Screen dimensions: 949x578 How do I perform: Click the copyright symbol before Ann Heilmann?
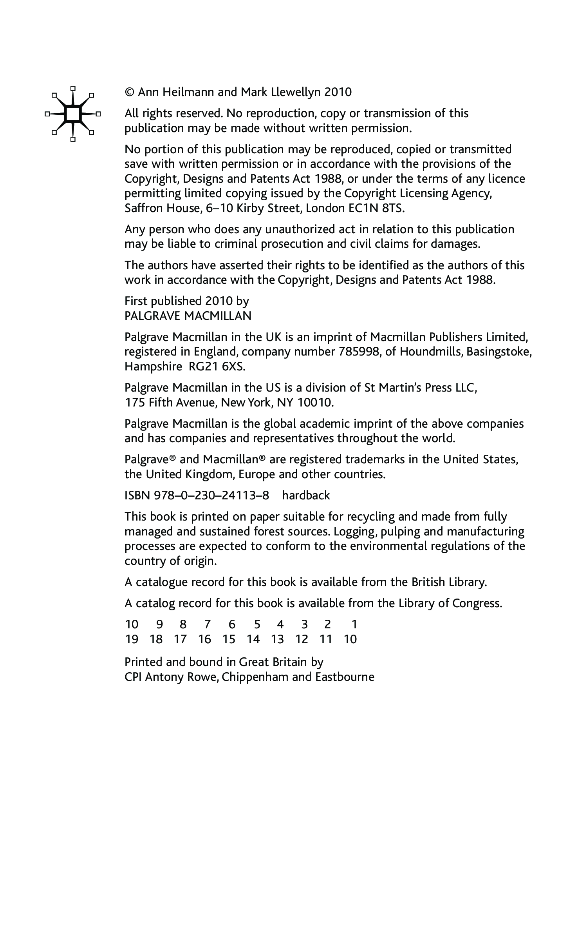click(x=130, y=93)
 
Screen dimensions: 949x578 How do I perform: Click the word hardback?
click(x=306, y=495)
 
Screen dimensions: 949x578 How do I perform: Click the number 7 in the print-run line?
click(x=207, y=624)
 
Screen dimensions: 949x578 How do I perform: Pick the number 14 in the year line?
click(x=253, y=639)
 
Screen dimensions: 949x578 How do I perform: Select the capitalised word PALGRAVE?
click(x=152, y=316)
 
